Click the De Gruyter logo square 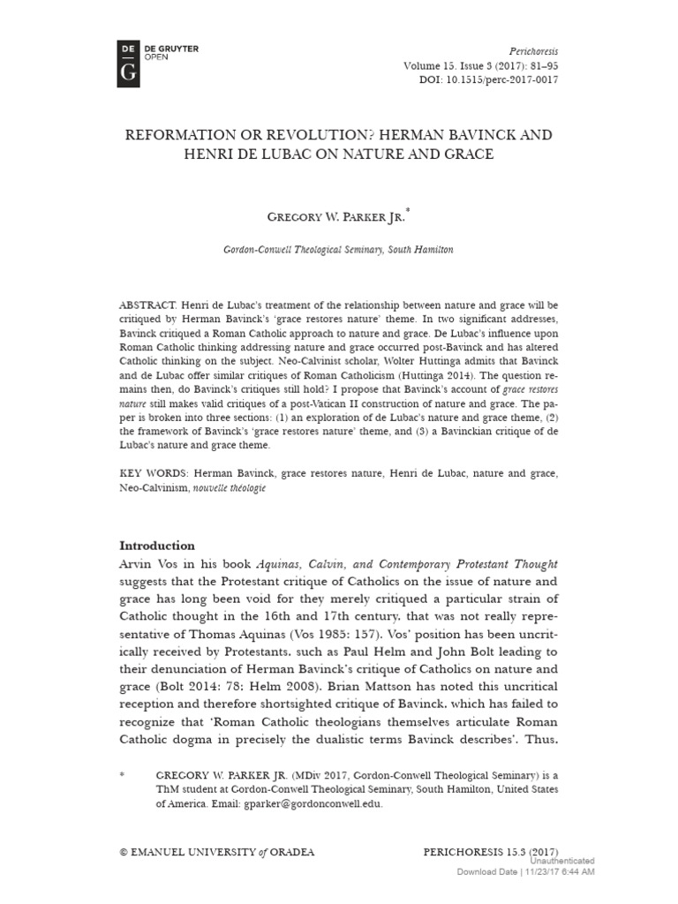tap(129, 61)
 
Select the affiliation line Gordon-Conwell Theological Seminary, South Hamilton tap(338, 250)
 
